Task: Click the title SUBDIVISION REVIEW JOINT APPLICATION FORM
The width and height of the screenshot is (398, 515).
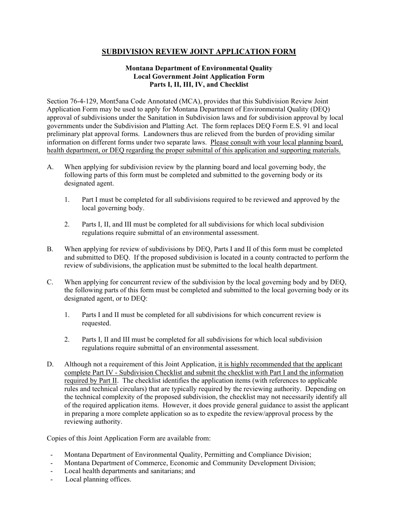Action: (x=199, y=52)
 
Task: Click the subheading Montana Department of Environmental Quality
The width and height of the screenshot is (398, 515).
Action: (x=199, y=68)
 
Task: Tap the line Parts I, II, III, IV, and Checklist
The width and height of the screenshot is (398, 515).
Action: (x=199, y=85)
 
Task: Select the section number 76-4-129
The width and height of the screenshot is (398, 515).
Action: (x=84, y=101)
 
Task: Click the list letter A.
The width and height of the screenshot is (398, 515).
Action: (x=50, y=167)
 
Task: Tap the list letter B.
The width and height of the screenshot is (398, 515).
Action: (x=50, y=249)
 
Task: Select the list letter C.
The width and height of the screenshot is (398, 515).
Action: (x=50, y=282)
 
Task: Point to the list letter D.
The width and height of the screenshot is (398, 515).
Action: (x=50, y=364)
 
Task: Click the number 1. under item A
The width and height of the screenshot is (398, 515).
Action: (x=67, y=200)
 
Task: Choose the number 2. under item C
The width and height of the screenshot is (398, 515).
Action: (x=67, y=340)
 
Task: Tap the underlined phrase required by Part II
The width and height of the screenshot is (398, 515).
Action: (x=91, y=381)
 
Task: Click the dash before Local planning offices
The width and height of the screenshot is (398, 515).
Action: (x=51, y=479)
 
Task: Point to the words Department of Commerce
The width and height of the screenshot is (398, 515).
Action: (x=116, y=463)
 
